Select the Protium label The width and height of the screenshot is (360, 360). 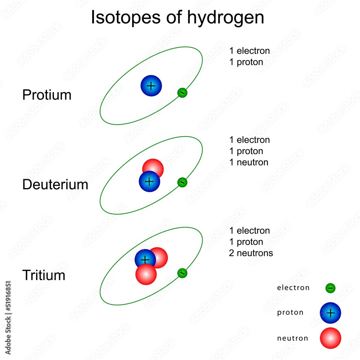click(47, 95)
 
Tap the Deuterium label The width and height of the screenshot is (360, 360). click(55, 185)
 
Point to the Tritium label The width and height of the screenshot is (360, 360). click(44, 275)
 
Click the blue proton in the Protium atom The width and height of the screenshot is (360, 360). click(151, 86)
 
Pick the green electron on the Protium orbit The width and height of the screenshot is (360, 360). click(182, 93)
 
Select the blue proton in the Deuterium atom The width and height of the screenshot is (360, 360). click(149, 181)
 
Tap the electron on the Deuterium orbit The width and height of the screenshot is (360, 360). click(182, 183)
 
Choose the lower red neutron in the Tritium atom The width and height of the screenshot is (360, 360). click(146, 275)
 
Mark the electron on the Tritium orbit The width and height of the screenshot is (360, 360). click(182, 273)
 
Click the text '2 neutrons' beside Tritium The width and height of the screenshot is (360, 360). click(251, 253)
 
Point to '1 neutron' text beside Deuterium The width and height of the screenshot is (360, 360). click(249, 162)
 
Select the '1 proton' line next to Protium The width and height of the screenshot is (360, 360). click(246, 62)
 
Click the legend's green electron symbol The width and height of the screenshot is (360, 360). click(330, 288)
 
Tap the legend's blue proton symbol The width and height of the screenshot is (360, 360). click(330, 313)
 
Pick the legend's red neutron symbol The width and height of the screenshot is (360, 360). click(330, 338)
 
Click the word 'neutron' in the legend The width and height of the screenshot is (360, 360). click(292, 338)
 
